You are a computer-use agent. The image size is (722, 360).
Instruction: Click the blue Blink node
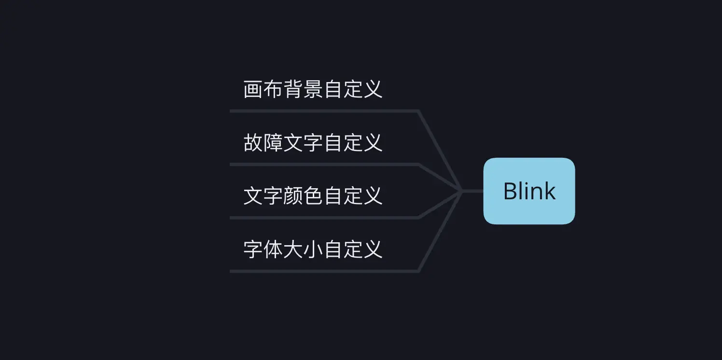(x=529, y=191)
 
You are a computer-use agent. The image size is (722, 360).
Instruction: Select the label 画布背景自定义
(x=313, y=90)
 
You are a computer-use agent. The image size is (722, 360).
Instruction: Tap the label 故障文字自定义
(x=313, y=143)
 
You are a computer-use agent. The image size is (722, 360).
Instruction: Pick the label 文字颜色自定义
(x=313, y=196)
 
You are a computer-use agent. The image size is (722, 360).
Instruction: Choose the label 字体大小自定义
(x=313, y=249)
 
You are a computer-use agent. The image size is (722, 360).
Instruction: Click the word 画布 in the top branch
(x=264, y=90)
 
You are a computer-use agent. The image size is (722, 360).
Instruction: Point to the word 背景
(x=304, y=90)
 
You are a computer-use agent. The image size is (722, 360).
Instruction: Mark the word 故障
(x=264, y=143)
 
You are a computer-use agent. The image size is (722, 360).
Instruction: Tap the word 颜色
(x=304, y=196)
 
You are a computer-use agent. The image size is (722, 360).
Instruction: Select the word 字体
(x=264, y=249)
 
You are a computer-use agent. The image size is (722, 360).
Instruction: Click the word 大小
(x=304, y=249)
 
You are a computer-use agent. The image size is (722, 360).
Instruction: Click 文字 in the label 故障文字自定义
(x=304, y=143)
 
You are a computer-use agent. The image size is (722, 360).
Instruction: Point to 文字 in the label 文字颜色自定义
(x=264, y=196)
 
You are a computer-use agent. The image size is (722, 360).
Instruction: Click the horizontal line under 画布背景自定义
(x=323, y=111)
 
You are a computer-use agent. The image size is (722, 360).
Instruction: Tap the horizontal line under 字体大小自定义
(x=323, y=271)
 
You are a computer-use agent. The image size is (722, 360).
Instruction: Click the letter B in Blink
(x=510, y=191)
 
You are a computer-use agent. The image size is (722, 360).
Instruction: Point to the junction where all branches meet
(x=462, y=191)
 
